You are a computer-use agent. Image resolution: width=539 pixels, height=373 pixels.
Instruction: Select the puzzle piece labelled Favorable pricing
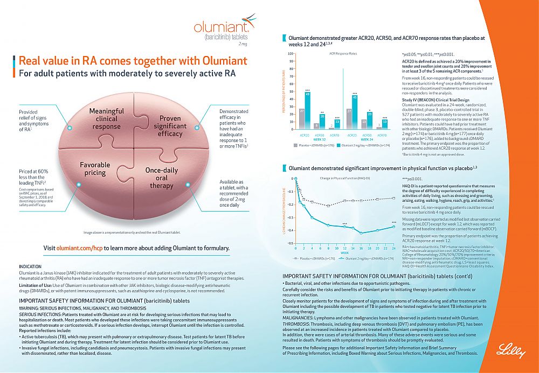coord(95,169)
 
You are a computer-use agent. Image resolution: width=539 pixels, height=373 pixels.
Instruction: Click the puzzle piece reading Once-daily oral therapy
coord(162,178)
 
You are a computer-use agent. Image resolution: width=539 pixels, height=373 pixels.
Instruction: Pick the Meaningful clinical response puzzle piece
coord(106,118)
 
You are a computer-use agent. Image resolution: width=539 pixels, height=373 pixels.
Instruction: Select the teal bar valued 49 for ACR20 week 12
coord(307,110)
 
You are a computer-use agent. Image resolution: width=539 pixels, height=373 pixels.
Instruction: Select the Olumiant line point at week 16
coord(361,233)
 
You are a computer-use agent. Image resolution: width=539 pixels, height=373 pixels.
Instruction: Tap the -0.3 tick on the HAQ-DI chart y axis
coord(291,217)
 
